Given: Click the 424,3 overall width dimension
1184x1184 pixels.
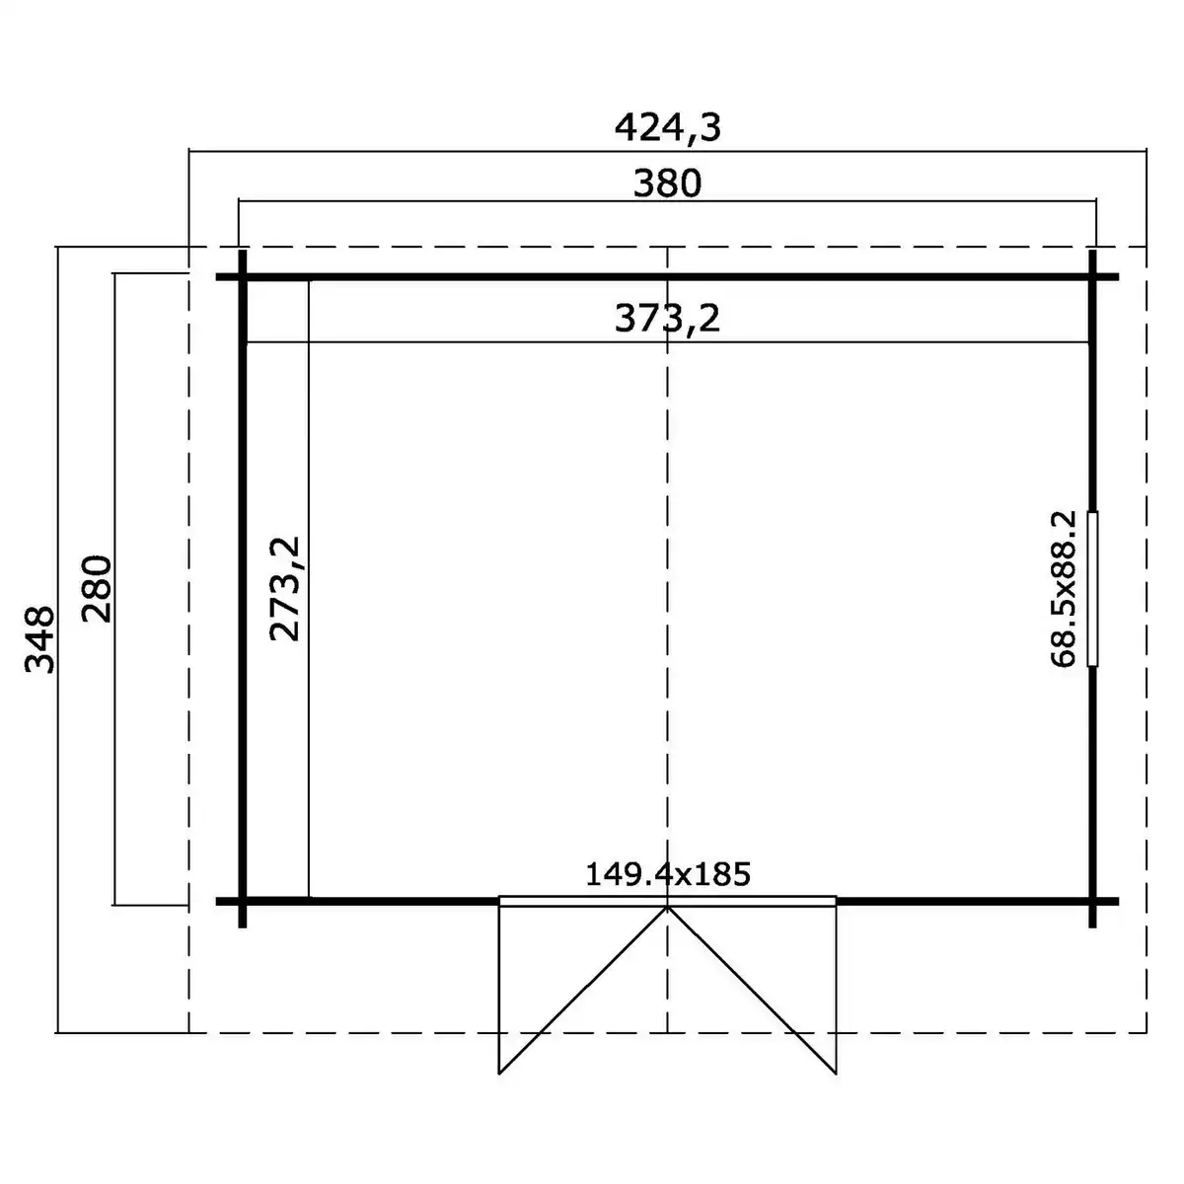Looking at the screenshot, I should pyautogui.click(x=668, y=127).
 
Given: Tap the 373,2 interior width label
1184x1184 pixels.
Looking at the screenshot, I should pyautogui.click(x=668, y=318).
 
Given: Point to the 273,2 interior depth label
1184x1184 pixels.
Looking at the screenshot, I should pyautogui.click(x=285, y=589).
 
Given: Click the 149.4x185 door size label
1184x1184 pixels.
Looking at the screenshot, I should pyautogui.click(x=668, y=873).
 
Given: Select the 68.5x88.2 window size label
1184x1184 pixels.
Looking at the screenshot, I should pyautogui.click(x=1064, y=589).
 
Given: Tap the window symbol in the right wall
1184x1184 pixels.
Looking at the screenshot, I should pyautogui.click(x=1093, y=589).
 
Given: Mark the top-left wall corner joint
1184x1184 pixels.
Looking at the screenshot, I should pyautogui.click(x=242, y=277).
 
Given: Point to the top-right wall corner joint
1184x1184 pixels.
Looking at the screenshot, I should pyautogui.click(x=1093, y=277).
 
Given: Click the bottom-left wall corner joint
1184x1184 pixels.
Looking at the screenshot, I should pyautogui.click(x=242, y=901).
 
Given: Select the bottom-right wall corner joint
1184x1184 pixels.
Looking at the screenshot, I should pyautogui.click(x=1093, y=901).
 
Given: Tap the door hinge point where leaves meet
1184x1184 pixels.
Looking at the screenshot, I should pyautogui.click(x=668, y=906).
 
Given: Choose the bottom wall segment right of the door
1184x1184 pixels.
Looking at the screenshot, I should pyautogui.click(x=962, y=901).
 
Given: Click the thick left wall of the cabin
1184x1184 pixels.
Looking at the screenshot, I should pyautogui.click(x=242, y=592).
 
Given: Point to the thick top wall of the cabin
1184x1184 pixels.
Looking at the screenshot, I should pyautogui.click(x=668, y=277).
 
